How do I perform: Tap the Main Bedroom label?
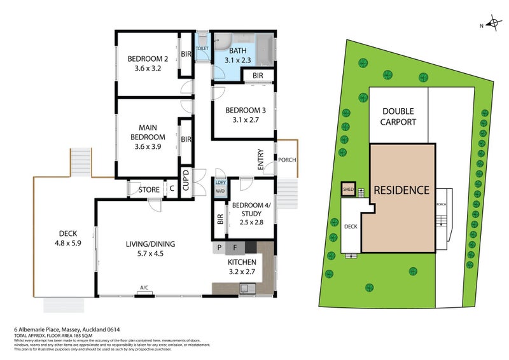click(148, 137)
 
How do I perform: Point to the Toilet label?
click(202, 48)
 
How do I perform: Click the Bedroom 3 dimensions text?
click(242, 119)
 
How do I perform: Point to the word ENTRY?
click(261, 162)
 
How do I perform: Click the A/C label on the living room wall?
click(144, 287)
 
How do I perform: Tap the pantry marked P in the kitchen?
click(220, 247)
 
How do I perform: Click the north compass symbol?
click(492, 25)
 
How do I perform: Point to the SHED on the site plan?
click(348, 189)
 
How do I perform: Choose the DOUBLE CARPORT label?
click(399, 116)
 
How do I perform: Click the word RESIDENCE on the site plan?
click(401, 190)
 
